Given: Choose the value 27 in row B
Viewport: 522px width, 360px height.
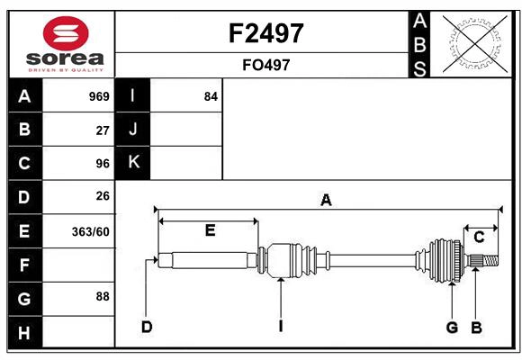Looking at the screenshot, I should (x=103, y=130).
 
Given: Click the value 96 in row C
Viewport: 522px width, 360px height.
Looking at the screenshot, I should (x=103, y=163).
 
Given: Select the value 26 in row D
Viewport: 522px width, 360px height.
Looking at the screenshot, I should (x=103, y=196).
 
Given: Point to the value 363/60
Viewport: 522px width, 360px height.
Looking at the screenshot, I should (x=92, y=231).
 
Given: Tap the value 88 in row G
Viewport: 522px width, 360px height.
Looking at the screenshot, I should (x=103, y=296).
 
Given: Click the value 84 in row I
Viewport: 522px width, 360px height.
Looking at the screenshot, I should (x=211, y=96).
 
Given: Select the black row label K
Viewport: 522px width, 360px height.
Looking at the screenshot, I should (x=133, y=163).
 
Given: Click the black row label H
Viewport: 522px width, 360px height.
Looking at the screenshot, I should (x=24, y=334).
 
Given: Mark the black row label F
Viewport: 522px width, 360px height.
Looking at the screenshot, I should (x=24, y=265).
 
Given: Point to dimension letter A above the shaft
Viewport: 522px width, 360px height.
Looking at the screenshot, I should (x=326, y=200).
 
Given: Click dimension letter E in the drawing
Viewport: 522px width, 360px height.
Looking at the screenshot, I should (x=210, y=230).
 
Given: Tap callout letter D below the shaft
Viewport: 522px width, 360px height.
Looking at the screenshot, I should (x=146, y=327).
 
